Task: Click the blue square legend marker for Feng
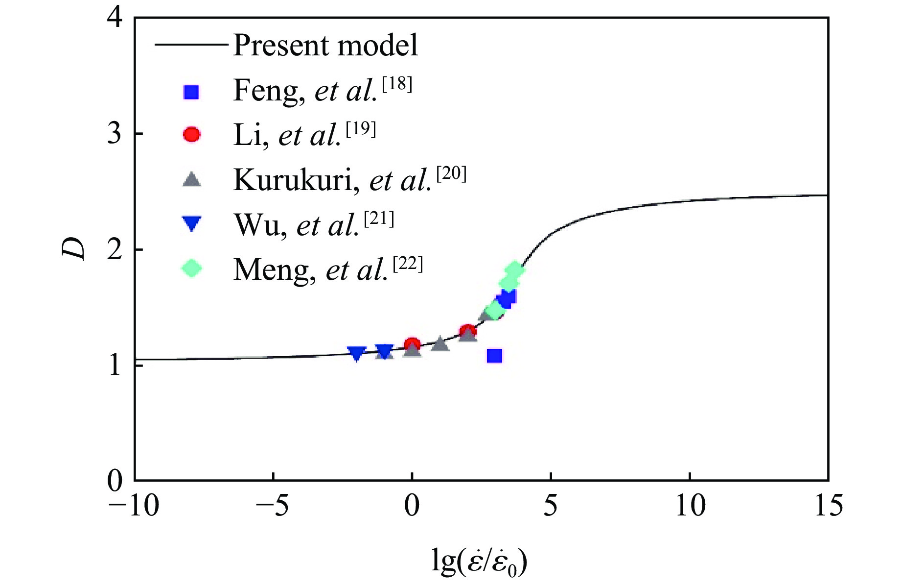(191, 92)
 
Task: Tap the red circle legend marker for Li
(191, 134)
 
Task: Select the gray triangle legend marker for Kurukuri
(191, 179)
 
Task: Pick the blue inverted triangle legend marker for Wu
(191, 224)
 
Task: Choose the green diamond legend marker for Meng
(191, 268)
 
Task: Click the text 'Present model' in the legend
(325, 46)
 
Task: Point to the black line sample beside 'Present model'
(191, 45)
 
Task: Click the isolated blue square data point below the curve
(495, 356)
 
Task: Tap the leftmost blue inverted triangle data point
(357, 353)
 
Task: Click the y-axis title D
(74, 249)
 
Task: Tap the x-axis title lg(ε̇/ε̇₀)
(480, 563)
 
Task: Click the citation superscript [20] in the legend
(451, 174)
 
